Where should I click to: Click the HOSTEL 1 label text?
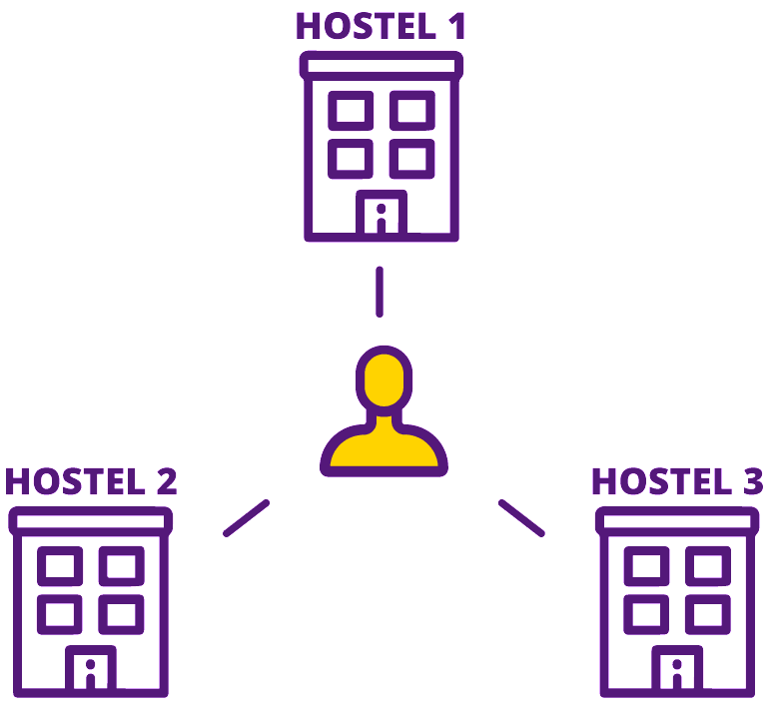(x=381, y=27)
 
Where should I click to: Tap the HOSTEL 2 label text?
(x=91, y=481)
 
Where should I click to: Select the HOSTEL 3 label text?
(x=677, y=481)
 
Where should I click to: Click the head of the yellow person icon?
(x=384, y=376)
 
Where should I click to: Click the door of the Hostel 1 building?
(x=381, y=214)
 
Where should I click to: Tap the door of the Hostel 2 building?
(x=90, y=669)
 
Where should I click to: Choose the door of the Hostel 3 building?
(x=677, y=669)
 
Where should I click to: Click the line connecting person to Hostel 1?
(x=379, y=291)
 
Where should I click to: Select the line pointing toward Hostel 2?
(x=246, y=518)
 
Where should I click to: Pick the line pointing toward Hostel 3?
(x=520, y=517)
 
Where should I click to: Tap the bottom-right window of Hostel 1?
(x=411, y=158)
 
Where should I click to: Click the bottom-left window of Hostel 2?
(x=60, y=613)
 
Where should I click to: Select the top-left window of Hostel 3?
(x=646, y=566)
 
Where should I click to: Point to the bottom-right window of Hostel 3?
(x=707, y=613)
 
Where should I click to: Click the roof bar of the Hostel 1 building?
(x=382, y=66)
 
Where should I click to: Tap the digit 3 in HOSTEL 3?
(x=753, y=481)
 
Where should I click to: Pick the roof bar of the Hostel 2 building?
(x=91, y=519)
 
